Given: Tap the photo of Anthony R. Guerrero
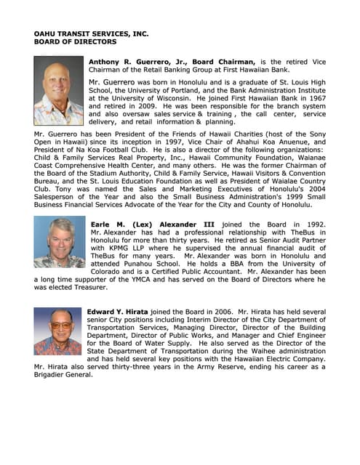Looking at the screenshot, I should pyautogui.click(x=58, y=81).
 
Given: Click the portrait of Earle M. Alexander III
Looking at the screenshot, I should pyautogui.click(x=58, y=242).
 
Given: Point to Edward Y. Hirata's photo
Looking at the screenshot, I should pyautogui.click(x=58, y=331).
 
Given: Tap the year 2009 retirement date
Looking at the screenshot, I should pyautogui.click(x=148, y=106).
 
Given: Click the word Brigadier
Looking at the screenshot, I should pyautogui.click(x=55, y=375).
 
